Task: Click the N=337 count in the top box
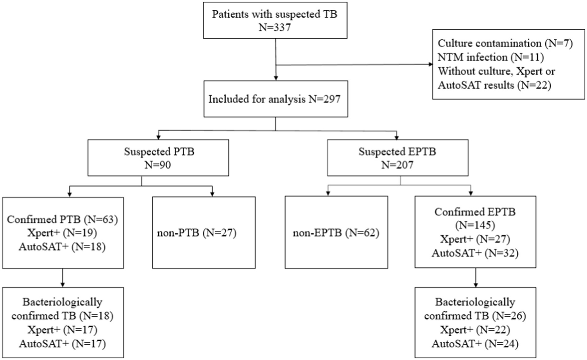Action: (275, 28)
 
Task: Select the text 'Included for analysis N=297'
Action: (274, 99)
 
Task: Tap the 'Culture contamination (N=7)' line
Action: (505, 43)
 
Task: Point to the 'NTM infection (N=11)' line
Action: (491, 57)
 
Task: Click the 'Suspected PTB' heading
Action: (159, 151)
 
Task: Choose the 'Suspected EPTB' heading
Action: (397, 151)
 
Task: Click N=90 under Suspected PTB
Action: (158, 165)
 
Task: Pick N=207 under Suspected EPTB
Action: (397, 165)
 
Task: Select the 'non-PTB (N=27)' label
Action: (197, 233)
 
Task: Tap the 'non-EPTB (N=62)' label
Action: (336, 233)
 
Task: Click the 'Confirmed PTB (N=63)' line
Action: (62, 219)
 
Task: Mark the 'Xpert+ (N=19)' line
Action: (62, 233)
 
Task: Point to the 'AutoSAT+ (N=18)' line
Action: (62, 246)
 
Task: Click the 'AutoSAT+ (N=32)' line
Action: (475, 253)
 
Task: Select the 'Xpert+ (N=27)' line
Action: (475, 239)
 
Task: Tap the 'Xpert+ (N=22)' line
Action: (475, 330)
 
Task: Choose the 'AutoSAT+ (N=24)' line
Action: (475, 344)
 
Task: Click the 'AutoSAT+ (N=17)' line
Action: (62, 344)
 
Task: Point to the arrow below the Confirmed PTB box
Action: (62, 279)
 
